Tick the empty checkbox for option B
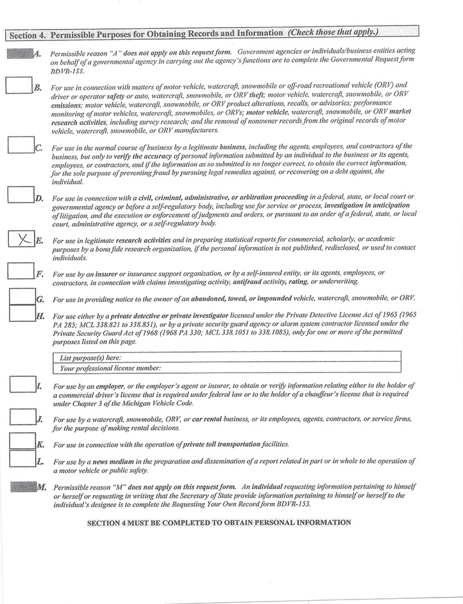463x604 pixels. pyautogui.click(x=19, y=85)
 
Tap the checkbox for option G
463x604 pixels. pyautogui.click(x=22, y=296)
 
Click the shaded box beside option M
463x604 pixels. pyautogui.click(x=23, y=487)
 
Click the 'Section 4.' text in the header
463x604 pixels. pyautogui.click(x=26, y=33)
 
